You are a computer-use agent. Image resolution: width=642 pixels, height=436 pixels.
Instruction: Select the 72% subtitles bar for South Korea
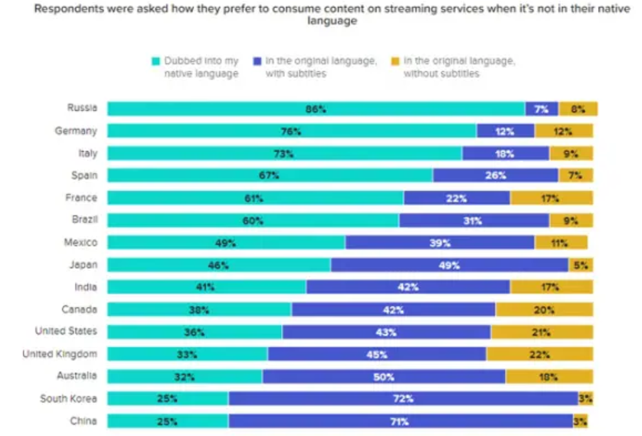403,398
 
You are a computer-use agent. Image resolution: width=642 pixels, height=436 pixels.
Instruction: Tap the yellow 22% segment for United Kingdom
539,354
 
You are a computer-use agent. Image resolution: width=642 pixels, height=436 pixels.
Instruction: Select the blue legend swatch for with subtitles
257,62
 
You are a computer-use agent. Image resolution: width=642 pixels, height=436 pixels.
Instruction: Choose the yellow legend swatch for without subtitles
395,62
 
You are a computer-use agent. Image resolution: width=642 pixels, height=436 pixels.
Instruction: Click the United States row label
66,332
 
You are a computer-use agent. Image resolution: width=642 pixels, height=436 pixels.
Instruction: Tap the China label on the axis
84,421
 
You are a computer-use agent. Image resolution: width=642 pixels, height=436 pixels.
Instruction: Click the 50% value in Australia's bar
384,377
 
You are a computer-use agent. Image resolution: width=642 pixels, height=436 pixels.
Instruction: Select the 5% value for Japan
580,266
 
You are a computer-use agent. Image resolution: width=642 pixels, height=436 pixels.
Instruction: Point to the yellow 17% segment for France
551,198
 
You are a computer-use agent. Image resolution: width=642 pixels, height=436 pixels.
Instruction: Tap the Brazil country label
84,220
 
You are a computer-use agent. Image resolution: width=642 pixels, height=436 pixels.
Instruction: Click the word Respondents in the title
67,9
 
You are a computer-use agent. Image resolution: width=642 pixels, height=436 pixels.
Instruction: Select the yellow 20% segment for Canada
544,310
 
